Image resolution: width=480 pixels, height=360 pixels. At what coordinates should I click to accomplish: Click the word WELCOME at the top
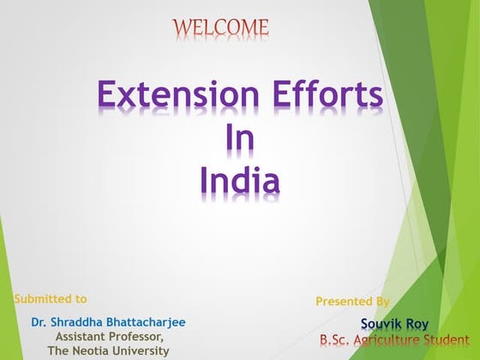(x=221, y=28)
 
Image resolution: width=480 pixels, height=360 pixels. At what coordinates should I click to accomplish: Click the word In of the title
(x=239, y=137)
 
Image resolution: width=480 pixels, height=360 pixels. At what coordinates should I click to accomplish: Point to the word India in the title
(x=239, y=180)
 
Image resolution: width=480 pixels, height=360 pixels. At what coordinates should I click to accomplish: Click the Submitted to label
(x=51, y=299)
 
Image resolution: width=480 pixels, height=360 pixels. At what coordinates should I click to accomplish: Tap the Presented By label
(x=352, y=302)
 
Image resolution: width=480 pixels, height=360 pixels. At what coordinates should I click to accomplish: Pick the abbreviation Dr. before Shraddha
(x=39, y=323)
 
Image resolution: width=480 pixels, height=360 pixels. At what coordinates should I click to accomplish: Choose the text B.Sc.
(x=337, y=340)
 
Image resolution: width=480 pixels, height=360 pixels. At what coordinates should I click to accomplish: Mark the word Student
(x=447, y=340)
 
